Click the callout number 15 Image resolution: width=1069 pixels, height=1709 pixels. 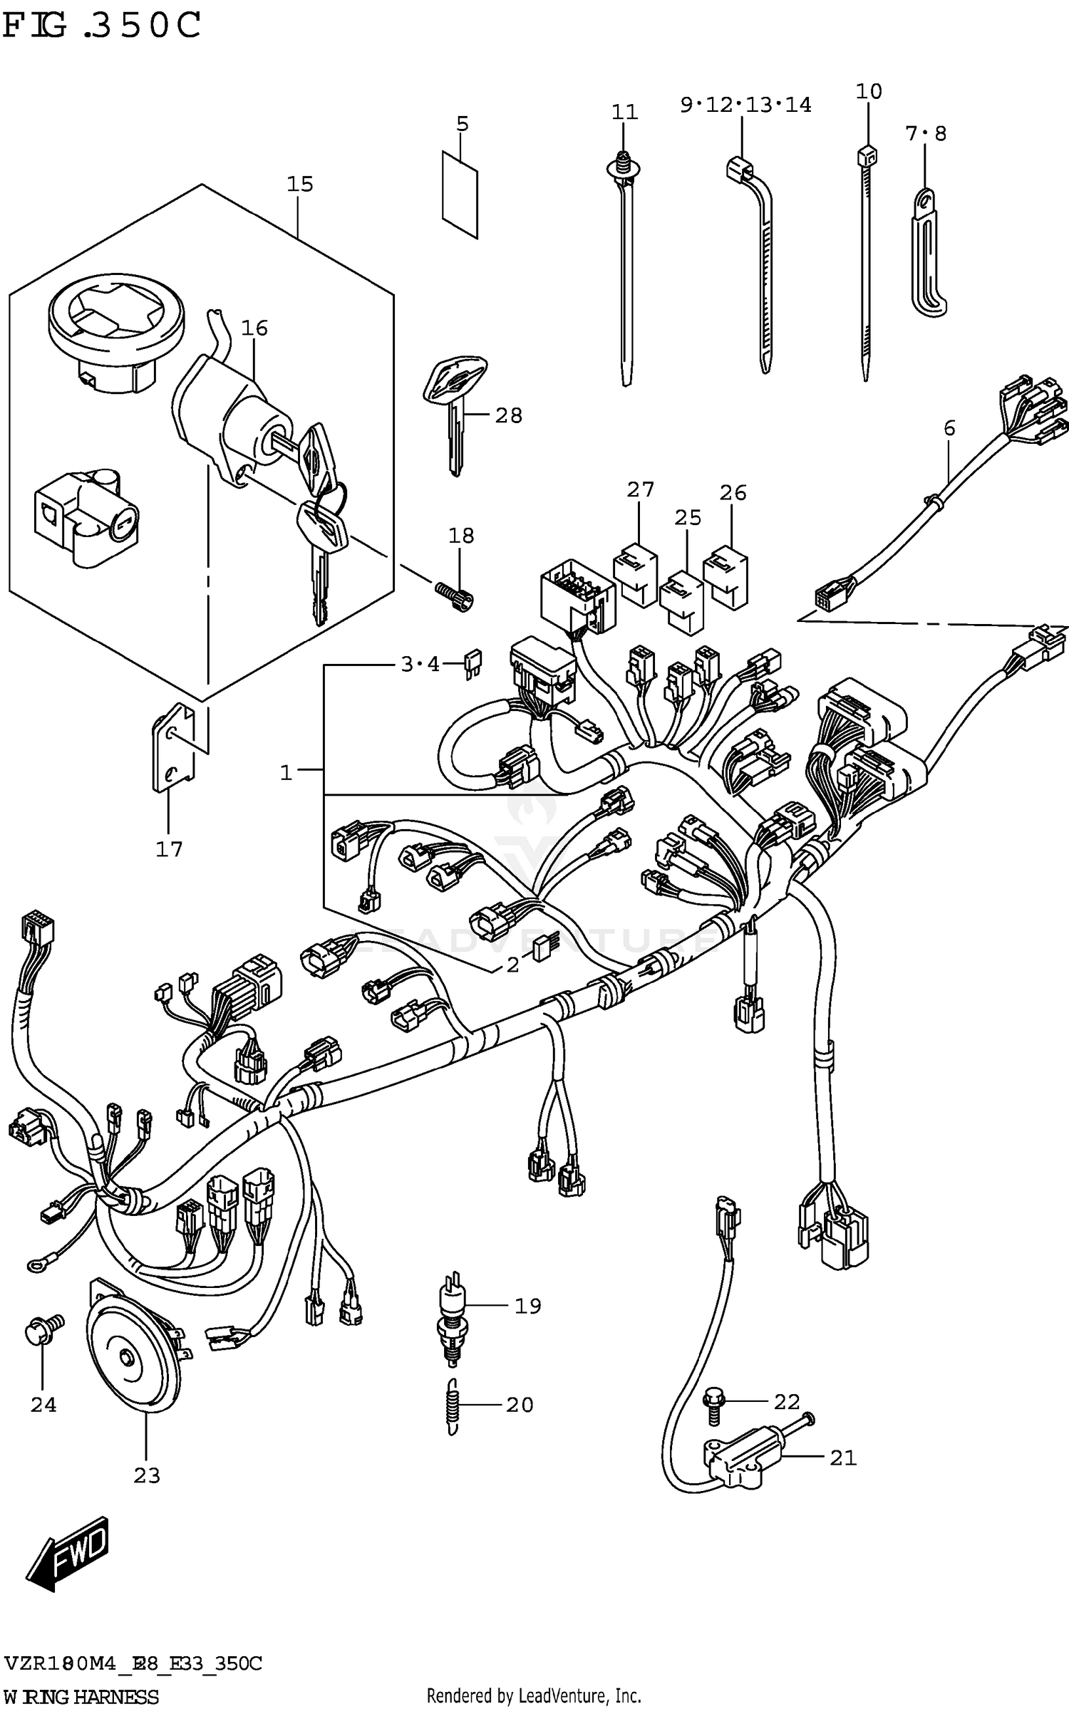point(300,185)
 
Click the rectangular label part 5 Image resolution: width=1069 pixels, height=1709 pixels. point(460,193)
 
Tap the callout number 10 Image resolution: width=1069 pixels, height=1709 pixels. point(869,91)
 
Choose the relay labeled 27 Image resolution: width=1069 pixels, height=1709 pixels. point(635,575)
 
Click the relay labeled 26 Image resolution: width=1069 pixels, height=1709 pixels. point(726,576)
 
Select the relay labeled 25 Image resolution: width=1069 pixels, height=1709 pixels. point(681,600)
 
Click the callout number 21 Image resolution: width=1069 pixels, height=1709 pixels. point(843,1458)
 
